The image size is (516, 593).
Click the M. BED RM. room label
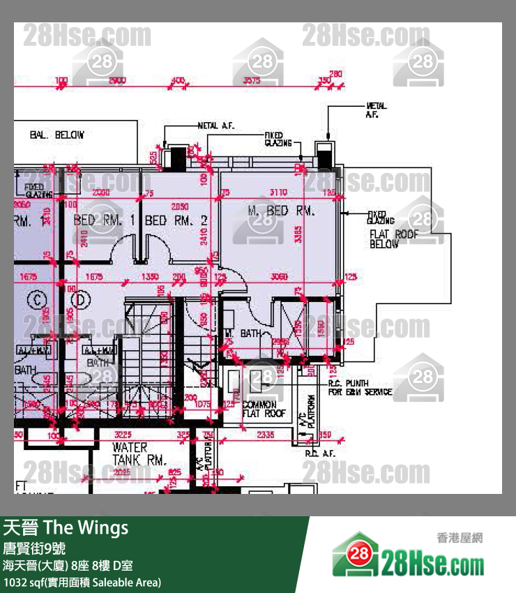(x=282, y=210)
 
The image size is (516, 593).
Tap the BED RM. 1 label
(x=103, y=220)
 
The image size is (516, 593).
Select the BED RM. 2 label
(x=176, y=220)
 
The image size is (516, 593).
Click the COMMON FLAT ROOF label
(x=264, y=409)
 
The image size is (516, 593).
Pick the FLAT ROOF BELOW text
(x=394, y=239)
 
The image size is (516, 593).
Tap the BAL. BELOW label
(x=56, y=134)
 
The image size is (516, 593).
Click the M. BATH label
(x=243, y=333)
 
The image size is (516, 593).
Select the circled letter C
(x=35, y=301)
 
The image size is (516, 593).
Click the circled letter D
(x=82, y=301)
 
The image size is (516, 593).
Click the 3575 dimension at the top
(x=251, y=81)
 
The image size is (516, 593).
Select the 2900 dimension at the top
(x=117, y=81)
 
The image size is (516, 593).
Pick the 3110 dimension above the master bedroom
(x=278, y=193)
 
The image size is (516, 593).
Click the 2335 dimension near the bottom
(x=264, y=435)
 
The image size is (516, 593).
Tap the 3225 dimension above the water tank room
(x=122, y=435)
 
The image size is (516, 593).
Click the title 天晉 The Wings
(x=66, y=527)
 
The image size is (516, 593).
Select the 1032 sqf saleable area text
(x=82, y=582)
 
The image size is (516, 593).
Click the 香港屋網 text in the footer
(x=459, y=538)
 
